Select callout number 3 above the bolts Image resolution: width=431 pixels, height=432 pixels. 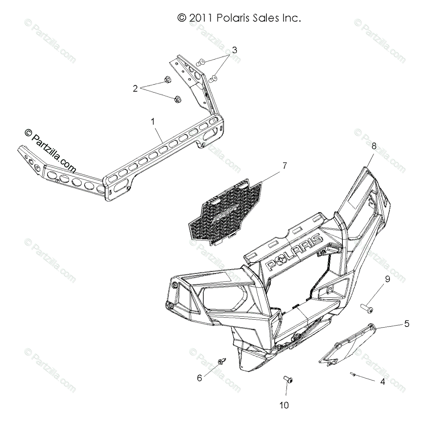click(x=234, y=50)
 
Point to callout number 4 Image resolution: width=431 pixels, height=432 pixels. click(x=382, y=382)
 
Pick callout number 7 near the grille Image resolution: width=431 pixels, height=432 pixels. click(x=284, y=166)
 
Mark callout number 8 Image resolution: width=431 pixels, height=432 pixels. click(x=374, y=146)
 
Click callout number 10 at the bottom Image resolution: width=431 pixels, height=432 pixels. click(x=284, y=405)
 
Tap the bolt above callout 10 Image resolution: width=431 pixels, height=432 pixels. click(x=288, y=389)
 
